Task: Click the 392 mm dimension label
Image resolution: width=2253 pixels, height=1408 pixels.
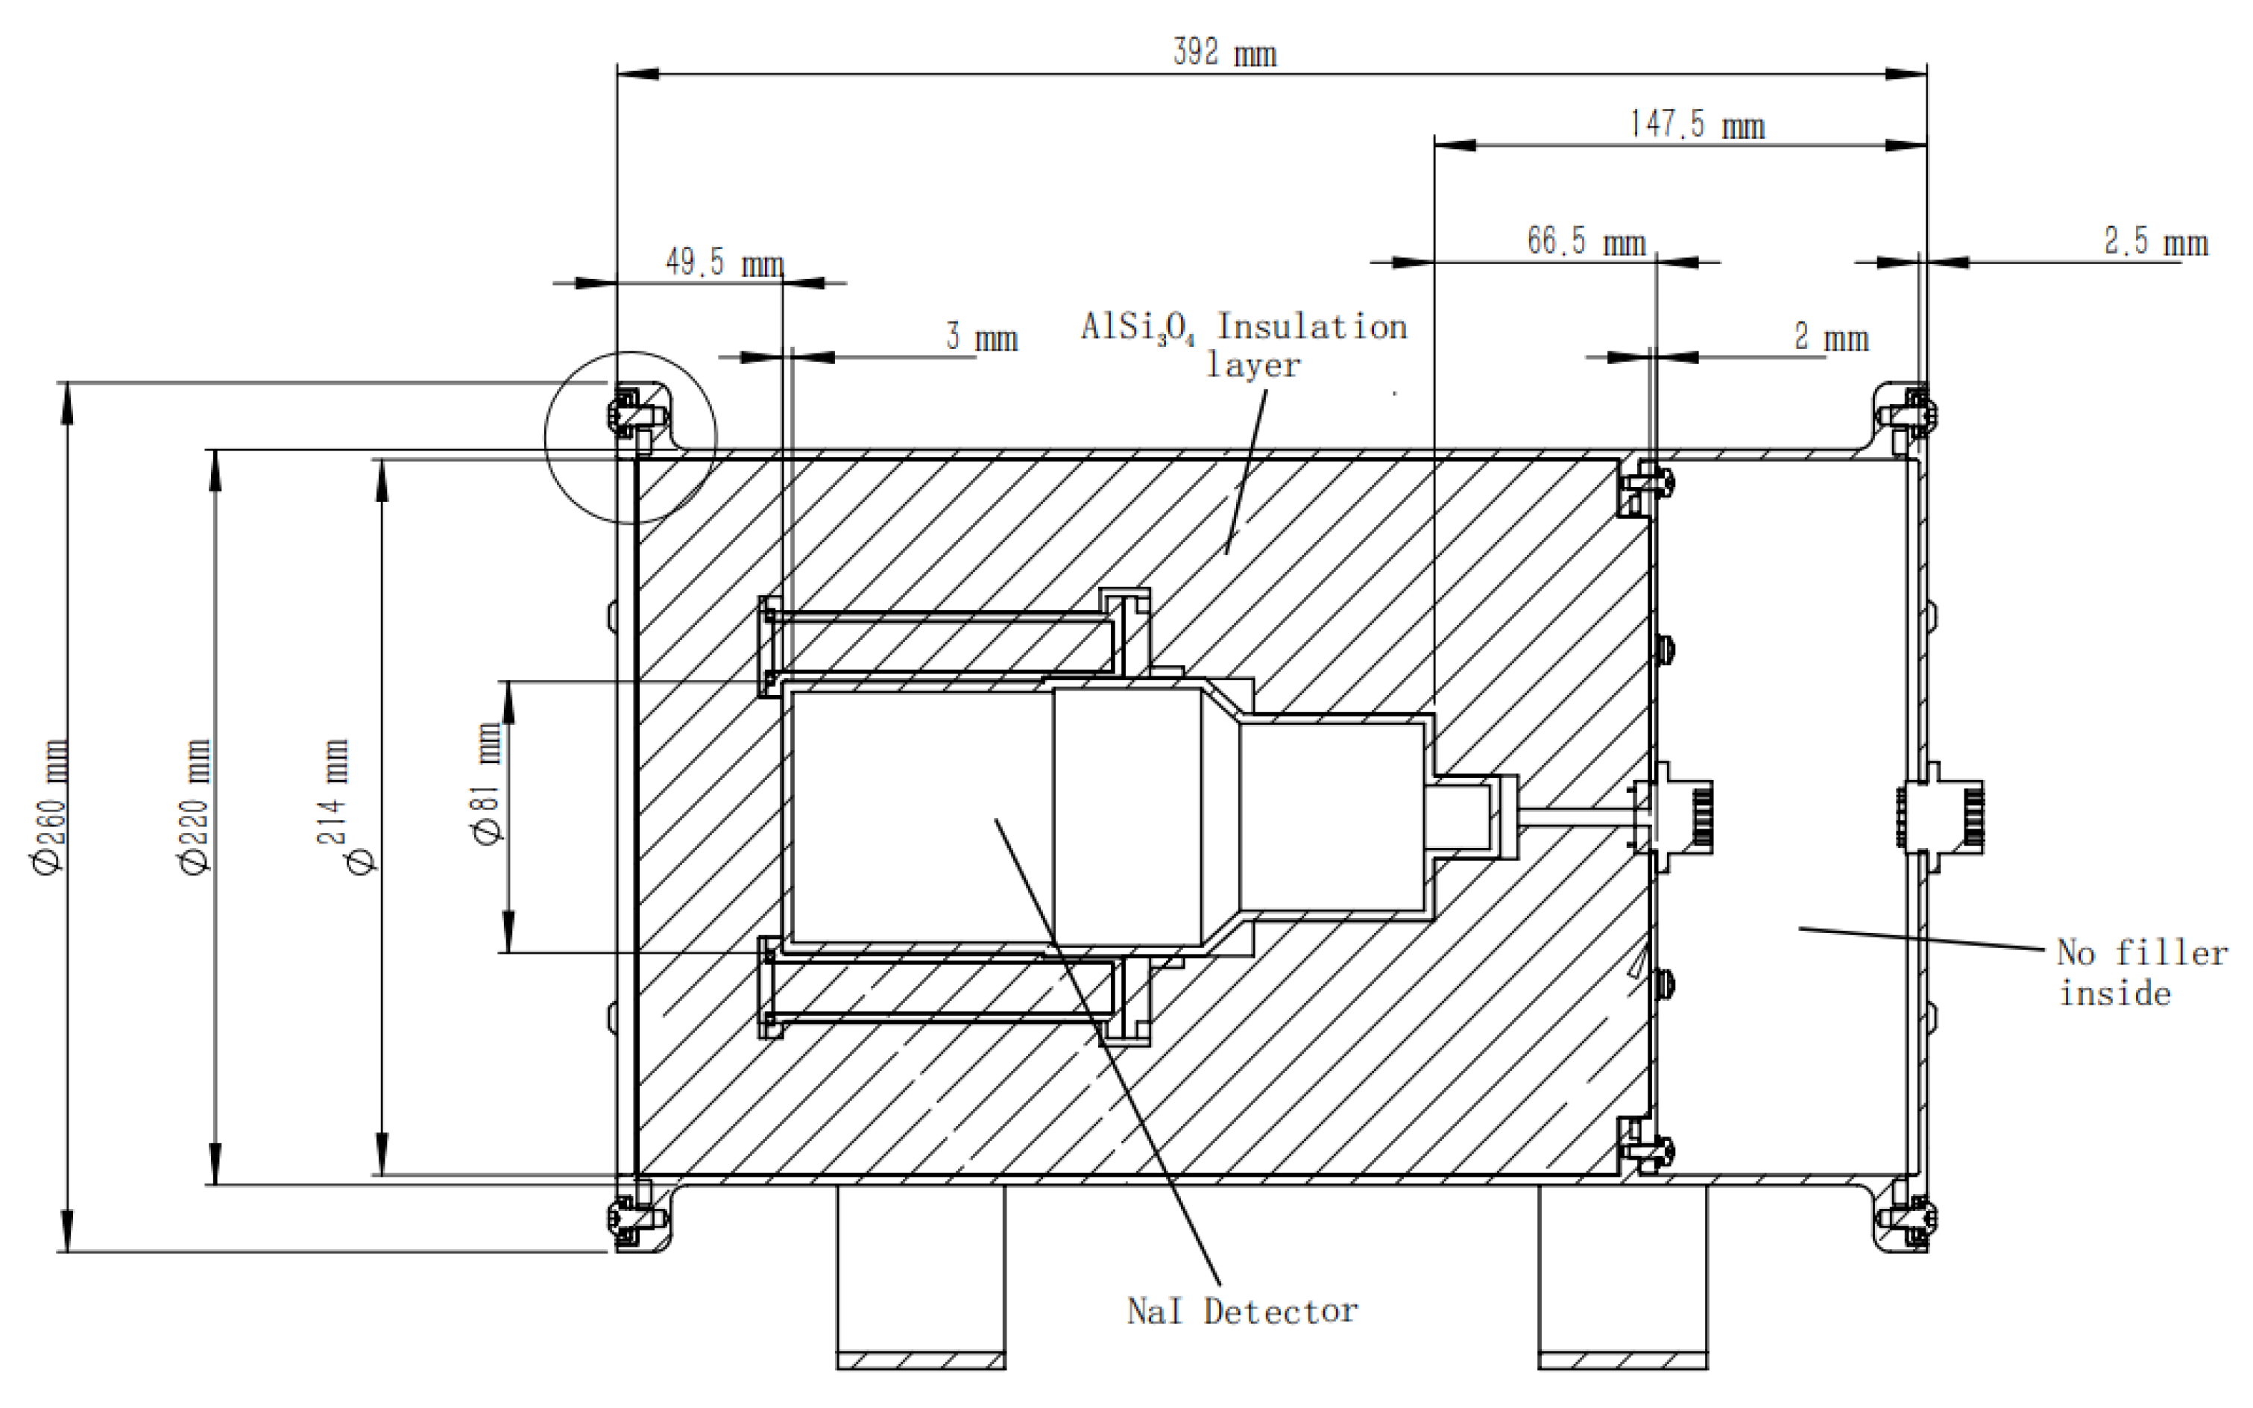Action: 1224,53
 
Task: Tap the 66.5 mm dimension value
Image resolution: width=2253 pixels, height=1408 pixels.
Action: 1586,242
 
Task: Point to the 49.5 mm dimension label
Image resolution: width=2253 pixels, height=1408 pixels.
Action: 725,263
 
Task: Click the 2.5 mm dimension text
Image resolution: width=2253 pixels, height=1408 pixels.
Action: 2156,242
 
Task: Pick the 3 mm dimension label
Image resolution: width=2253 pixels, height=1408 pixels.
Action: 982,337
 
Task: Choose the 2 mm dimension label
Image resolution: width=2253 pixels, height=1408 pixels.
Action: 1831,337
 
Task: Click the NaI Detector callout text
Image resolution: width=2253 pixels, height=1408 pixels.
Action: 1242,1311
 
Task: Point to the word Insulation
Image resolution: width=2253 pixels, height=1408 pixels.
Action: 1312,327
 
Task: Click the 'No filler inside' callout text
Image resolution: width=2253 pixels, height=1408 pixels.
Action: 2141,972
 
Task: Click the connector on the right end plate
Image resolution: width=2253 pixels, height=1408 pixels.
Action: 1941,817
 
